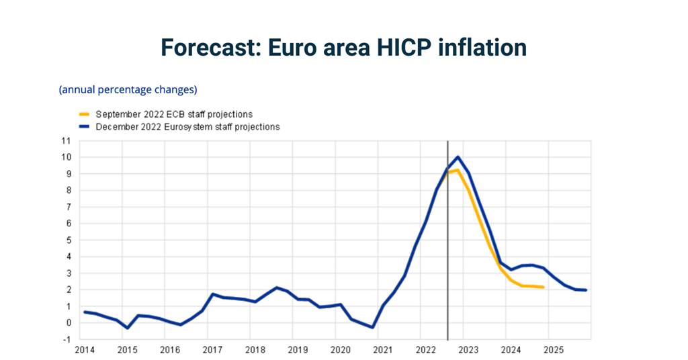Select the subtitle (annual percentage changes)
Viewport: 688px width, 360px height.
pyautogui.click(x=128, y=89)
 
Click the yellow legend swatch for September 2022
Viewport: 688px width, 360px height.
pyautogui.click(x=85, y=115)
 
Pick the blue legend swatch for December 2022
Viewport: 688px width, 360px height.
pyautogui.click(x=85, y=126)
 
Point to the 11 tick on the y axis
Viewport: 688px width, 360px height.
pyautogui.click(x=66, y=141)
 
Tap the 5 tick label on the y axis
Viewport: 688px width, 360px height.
pyautogui.click(x=68, y=240)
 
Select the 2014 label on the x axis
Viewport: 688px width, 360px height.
pyautogui.click(x=85, y=350)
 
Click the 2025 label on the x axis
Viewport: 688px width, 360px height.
pyautogui.click(x=554, y=350)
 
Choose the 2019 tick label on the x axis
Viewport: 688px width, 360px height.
pyautogui.click(x=298, y=350)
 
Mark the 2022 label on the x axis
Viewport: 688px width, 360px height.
pyautogui.click(x=426, y=350)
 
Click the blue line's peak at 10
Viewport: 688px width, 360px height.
pyautogui.click(x=458, y=157)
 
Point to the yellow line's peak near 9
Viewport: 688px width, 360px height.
pyautogui.click(x=457, y=170)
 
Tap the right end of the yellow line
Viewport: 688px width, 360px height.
pyautogui.click(x=543, y=287)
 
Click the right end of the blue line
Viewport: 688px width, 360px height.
pyautogui.click(x=586, y=290)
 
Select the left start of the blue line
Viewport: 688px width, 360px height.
pyautogui.click(x=85, y=312)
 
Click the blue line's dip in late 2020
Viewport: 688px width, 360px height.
pyautogui.click(x=372, y=327)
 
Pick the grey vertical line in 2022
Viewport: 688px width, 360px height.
pyautogui.click(x=447, y=255)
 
